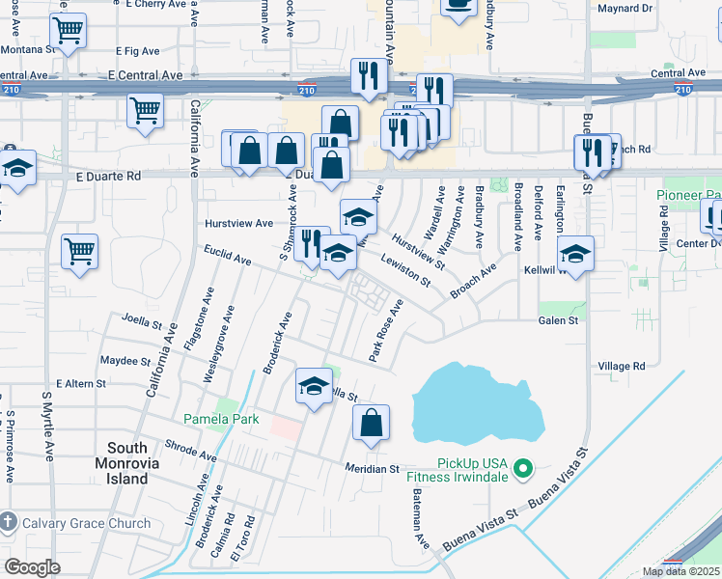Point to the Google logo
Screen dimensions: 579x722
pos(32,566)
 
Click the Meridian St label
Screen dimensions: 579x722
pos(373,469)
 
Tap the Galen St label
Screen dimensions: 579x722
pos(558,320)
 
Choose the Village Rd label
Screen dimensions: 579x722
pos(621,367)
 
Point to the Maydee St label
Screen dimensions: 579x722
pos(125,361)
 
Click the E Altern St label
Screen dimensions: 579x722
pos(80,384)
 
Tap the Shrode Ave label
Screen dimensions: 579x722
pos(191,450)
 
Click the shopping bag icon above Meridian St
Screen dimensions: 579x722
pos(371,422)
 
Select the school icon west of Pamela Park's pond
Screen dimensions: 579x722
pos(313,387)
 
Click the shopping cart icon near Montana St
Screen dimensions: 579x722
pos(68,31)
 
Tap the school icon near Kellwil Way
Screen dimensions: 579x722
pos(575,255)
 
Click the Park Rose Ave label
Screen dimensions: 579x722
pos(385,330)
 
